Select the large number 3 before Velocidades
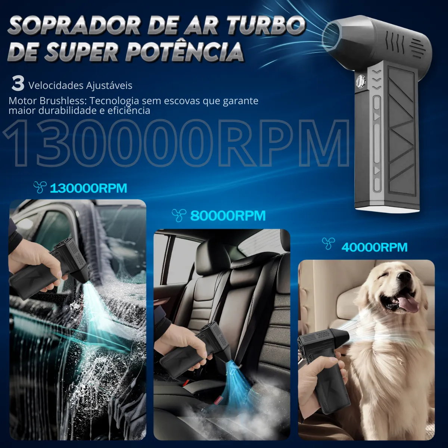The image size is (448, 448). click(18, 84)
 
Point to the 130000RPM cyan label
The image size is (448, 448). click(88, 188)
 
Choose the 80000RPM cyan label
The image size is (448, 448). click(228, 216)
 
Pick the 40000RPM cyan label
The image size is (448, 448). click(374, 248)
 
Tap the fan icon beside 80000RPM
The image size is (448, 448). click(179, 215)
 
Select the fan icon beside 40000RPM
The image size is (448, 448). click(329, 244)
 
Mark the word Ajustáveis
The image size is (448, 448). click(109, 86)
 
